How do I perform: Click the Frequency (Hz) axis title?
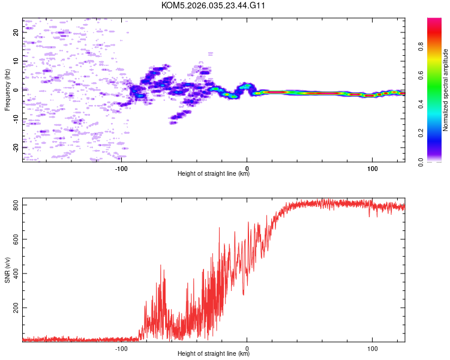(x=7, y=90)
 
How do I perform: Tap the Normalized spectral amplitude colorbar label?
(x=445, y=90)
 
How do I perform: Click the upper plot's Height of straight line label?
(x=214, y=173)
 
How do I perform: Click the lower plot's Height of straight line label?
(x=214, y=353)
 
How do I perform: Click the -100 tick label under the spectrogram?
(x=122, y=167)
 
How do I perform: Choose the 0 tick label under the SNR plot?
(x=247, y=347)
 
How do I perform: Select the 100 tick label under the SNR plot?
(x=372, y=347)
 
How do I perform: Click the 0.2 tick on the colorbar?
(x=437, y=133)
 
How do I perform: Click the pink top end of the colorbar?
(x=434, y=20)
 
